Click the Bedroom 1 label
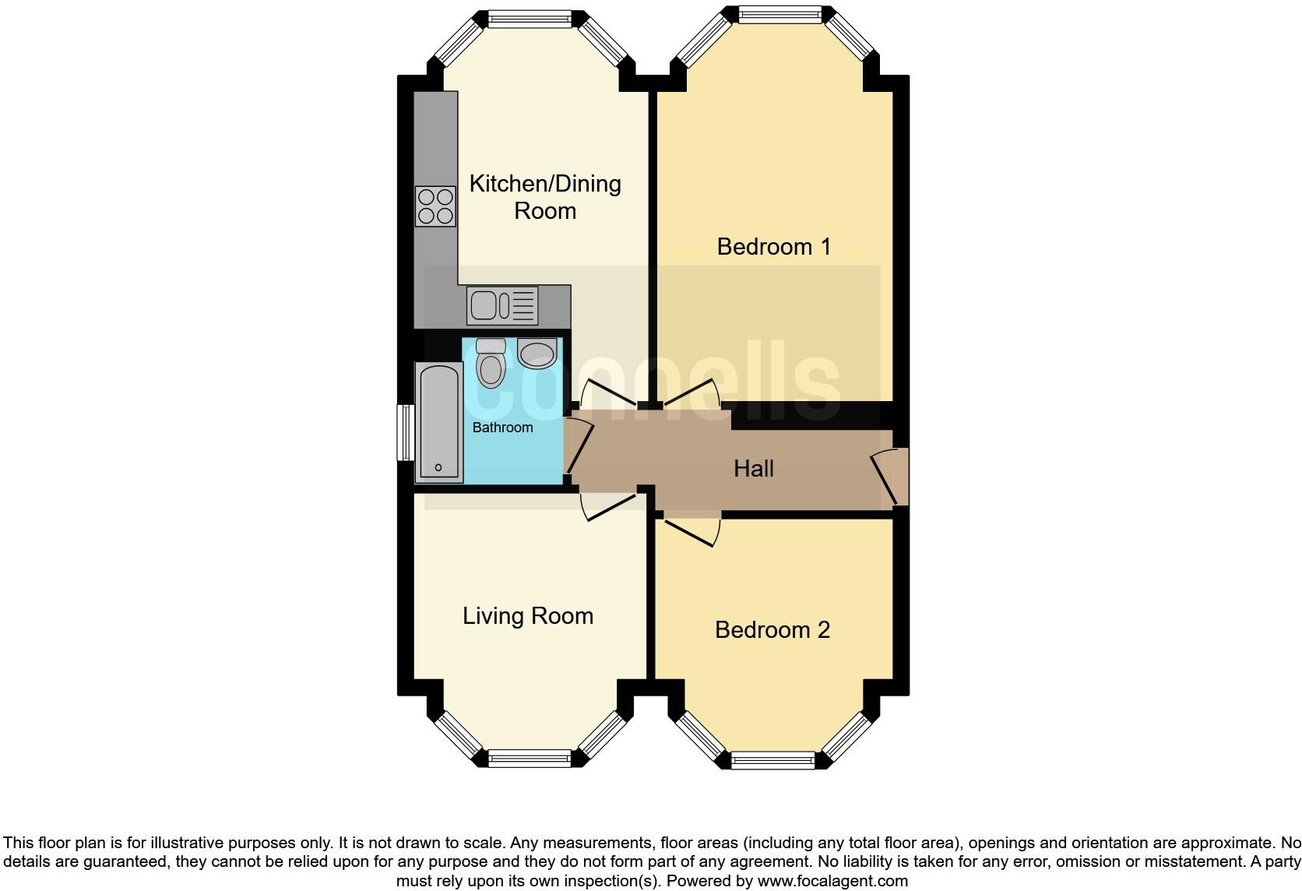[773, 247]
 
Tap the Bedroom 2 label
[772, 629]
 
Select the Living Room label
[527, 616]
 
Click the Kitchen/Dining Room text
[544, 197]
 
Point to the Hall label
[753, 468]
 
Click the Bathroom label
[502, 428]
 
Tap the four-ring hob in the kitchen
[435, 206]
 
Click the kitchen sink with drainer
[502, 305]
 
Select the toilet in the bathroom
[490, 363]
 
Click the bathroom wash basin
[537, 354]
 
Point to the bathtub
[438, 422]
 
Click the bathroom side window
[405, 432]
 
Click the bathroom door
[577, 446]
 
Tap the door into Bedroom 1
[690, 393]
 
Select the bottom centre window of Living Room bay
[530, 755]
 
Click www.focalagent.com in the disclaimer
[831, 881]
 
